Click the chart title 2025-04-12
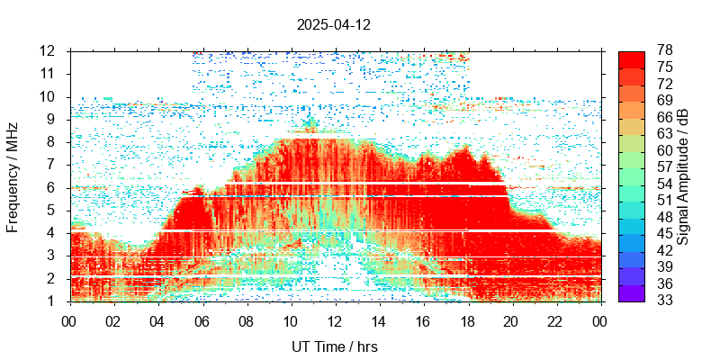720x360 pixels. [333, 25]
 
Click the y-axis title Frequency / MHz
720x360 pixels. [13, 175]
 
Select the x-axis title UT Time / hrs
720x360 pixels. [335, 346]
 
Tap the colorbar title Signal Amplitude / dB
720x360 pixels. [683, 175]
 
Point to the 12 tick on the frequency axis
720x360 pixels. [49, 50]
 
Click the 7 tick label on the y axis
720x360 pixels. [53, 165]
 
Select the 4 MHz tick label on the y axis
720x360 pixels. [53, 233]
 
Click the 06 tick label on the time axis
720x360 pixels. [202, 319]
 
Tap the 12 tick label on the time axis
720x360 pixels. [335, 319]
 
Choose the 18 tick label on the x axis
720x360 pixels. [468, 319]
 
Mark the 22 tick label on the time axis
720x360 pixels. [556, 319]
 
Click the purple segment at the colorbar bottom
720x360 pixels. [631, 293]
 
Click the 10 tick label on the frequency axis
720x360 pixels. [49, 96]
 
